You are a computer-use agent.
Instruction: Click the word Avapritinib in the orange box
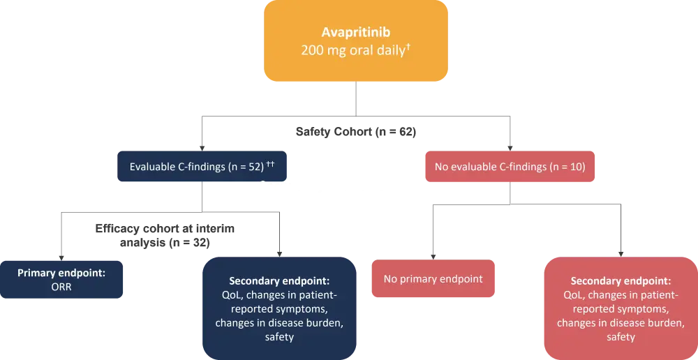tap(355, 32)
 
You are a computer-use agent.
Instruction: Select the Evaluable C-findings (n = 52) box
tap(202, 167)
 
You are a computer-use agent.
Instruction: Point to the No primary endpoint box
tap(433, 279)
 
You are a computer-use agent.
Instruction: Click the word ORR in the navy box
tap(61, 286)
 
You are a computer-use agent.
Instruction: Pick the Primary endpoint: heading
tap(61, 273)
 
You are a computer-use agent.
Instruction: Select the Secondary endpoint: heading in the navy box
tap(279, 281)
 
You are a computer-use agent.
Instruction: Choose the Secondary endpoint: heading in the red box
tap(621, 281)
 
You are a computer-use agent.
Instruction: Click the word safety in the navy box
tap(279, 337)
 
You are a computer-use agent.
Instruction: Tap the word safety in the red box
tap(621, 337)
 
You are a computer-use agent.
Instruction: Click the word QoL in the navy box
tap(224, 295)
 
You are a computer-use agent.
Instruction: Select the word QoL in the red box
tap(566, 295)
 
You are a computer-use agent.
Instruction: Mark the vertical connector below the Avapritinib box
tap(355, 98)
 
